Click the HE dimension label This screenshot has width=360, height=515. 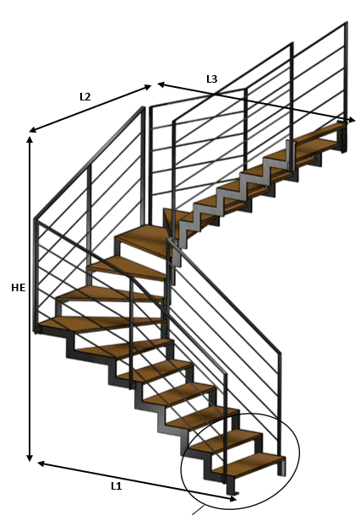18,288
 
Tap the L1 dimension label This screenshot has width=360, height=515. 117,486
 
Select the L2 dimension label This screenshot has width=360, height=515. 85,96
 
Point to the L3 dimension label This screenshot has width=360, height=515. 212,79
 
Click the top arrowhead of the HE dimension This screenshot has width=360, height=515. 30,139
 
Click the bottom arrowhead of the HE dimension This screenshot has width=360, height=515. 30,458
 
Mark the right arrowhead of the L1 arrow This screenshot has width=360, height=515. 232,499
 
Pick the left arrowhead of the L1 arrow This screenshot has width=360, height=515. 41,463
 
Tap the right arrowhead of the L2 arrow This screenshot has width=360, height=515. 148,87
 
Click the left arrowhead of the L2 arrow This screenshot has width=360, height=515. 33,130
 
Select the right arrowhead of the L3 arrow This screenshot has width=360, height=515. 352,120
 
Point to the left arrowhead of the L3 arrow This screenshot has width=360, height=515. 161,84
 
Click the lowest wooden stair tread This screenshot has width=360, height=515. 249,463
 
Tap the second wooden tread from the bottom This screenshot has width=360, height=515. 226,441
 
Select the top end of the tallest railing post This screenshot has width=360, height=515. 346,23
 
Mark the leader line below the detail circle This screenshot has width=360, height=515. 198,511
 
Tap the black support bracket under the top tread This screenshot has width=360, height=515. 342,139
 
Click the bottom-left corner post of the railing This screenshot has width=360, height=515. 36,276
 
